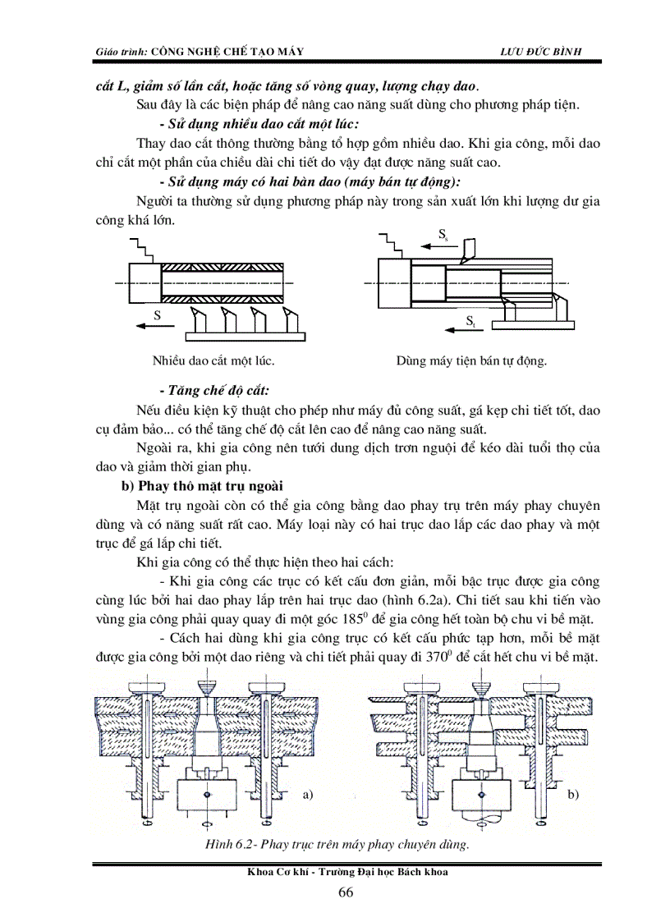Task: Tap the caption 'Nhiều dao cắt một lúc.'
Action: [x=213, y=360]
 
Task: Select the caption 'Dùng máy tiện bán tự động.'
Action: [x=471, y=360]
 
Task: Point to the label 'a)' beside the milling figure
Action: [x=309, y=794]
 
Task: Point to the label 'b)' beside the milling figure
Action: [x=574, y=794]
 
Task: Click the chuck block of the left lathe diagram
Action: [x=145, y=282]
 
